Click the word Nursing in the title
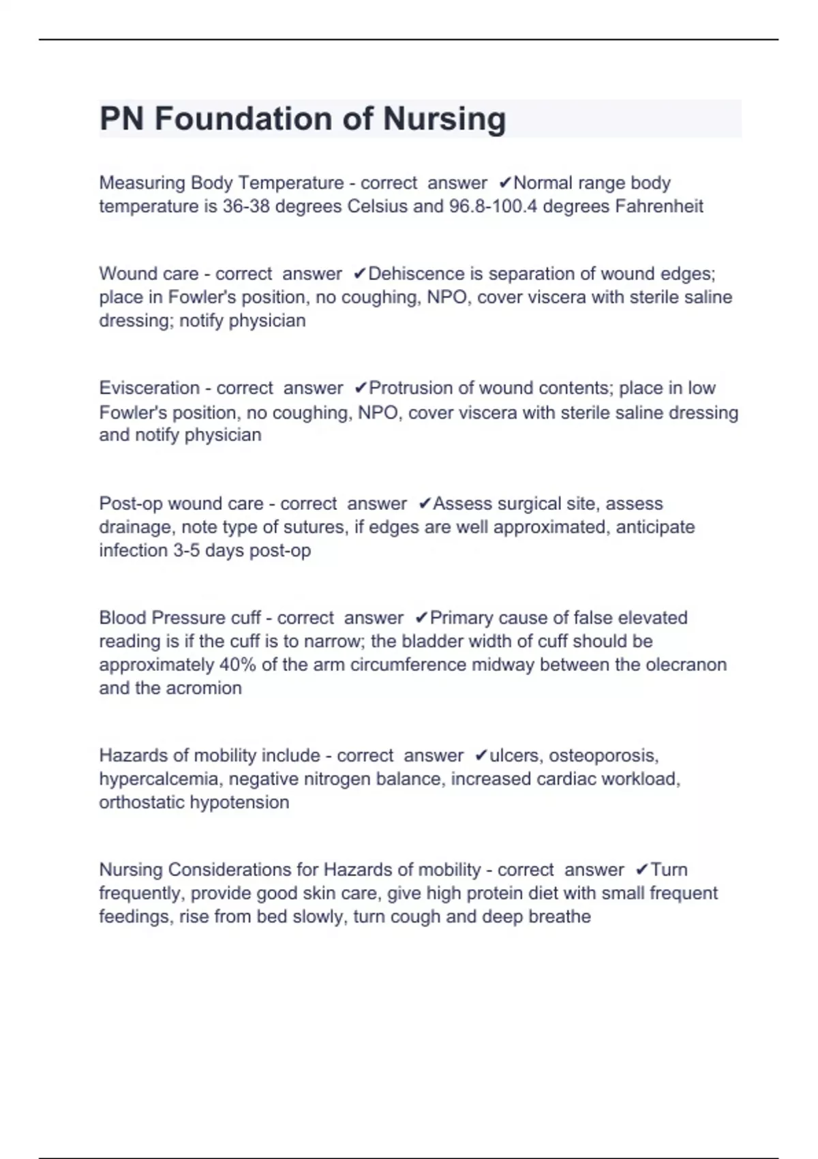point(444,119)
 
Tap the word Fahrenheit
point(658,207)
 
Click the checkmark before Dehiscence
point(359,274)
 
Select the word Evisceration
point(149,389)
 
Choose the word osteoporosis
point(603,756)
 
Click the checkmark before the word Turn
point(641,871)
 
